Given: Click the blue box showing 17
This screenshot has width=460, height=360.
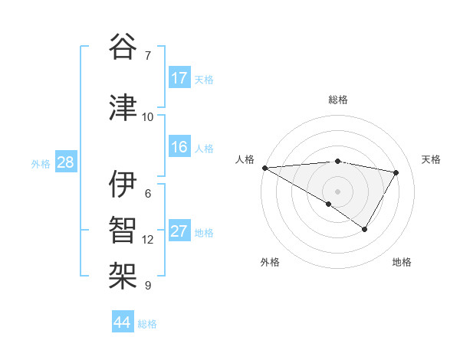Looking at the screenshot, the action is click(179, 78).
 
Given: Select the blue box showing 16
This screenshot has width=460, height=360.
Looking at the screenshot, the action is click(179, 147).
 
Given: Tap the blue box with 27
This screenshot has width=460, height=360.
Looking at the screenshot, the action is click(179, 231).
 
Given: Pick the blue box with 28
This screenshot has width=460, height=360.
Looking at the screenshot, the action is click(65, 162).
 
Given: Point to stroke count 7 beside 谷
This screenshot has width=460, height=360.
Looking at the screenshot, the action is click(148, 56).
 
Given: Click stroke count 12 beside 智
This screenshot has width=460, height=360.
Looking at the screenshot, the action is click(148, 240).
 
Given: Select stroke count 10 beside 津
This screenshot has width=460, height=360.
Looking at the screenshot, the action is click(148, 116).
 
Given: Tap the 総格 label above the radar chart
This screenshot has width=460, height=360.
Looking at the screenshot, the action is click(337, 100).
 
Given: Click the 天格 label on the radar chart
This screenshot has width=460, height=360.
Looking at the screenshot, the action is click(432, 159).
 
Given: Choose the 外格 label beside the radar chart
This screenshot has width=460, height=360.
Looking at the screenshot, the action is click(270, 262).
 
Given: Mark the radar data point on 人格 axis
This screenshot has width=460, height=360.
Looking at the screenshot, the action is click(264, 168).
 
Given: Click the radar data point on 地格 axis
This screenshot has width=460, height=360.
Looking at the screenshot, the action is click(365, 229).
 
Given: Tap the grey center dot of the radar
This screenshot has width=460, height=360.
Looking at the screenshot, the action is click(337, 191).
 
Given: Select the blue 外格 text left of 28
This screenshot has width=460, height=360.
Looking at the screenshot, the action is click(41, 163).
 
